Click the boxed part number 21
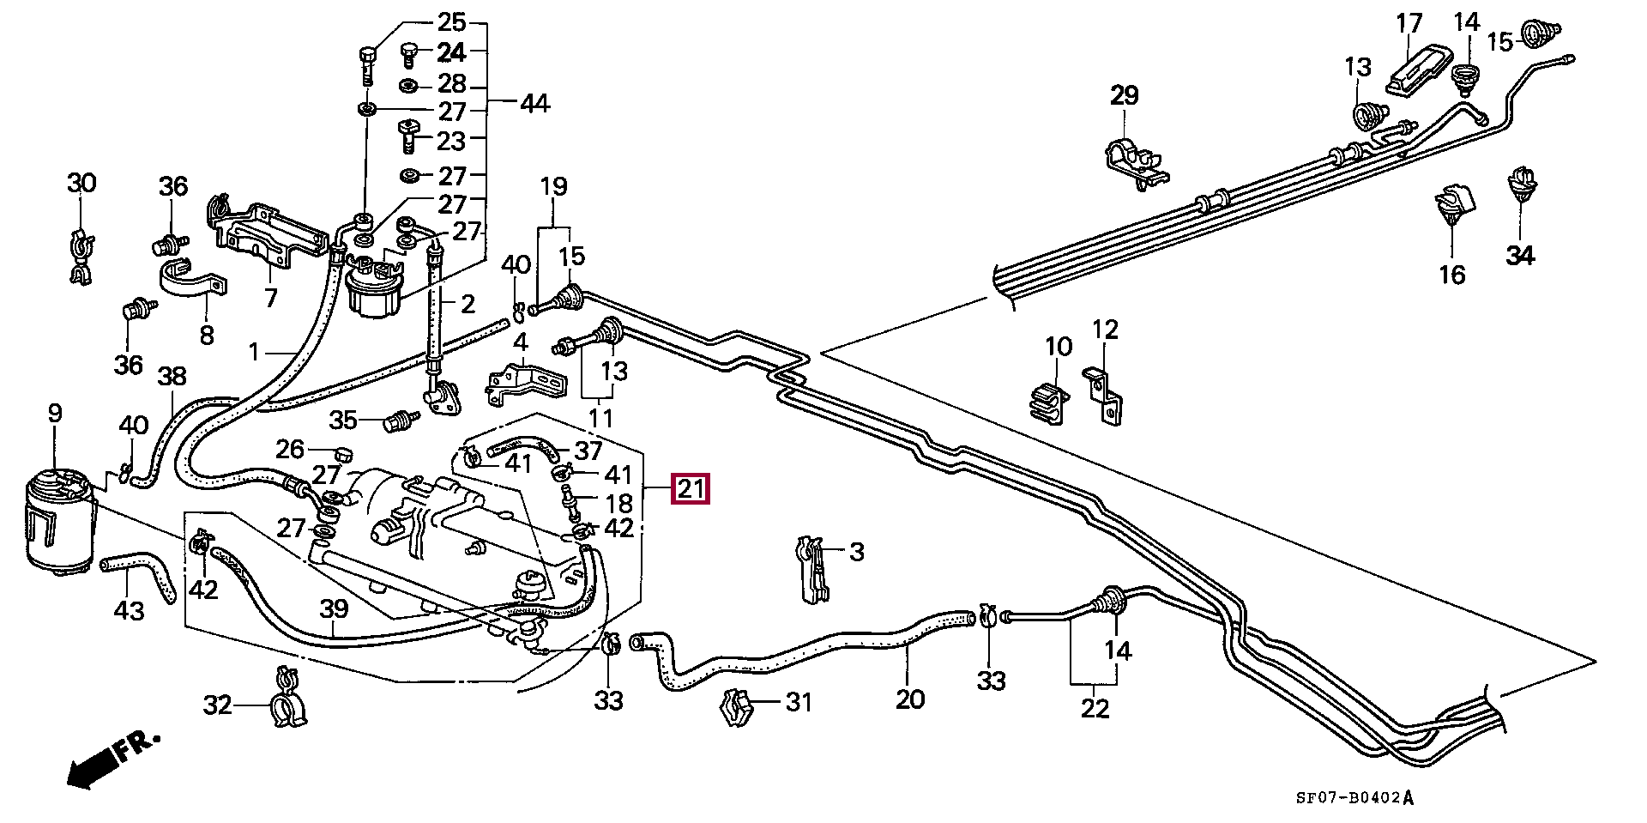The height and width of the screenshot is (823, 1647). (691, 490)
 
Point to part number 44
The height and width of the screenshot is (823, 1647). (534, 104)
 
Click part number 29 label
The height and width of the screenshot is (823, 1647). (1124, 95)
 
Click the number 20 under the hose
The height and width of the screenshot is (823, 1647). (910, 699)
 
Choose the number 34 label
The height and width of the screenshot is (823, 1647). (1521, 255)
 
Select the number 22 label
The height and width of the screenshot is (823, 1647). (1095, 709)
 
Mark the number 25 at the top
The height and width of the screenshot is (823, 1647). (451, 22)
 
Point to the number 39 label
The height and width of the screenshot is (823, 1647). (334, 609)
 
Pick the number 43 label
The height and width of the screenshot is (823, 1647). (130, 611)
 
